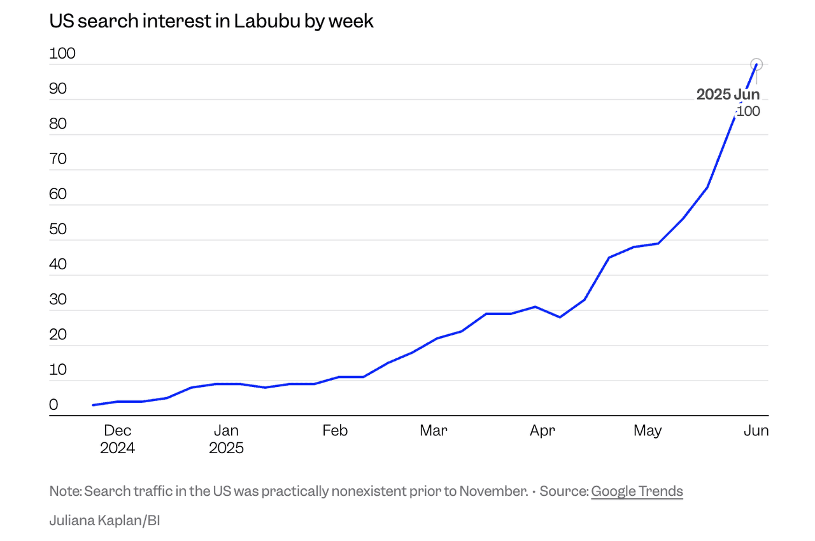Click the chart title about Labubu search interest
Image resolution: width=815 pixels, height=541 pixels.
(x=211, y=21)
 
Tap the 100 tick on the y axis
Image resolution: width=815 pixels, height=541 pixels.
(x=62, y=53)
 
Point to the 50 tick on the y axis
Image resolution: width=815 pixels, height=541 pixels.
(x=59, y=229)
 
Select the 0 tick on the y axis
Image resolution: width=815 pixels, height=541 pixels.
(x=54, y=405)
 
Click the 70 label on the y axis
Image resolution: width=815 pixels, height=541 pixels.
(x=59, y=158)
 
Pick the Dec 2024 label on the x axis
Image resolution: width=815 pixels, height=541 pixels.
(x=117, y=439)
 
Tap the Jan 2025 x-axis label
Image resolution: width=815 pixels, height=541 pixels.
(x=227, y=439)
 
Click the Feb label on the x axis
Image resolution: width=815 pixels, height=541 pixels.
(x=335, y=431)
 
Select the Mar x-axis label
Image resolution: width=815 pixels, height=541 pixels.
(x=434, y=431)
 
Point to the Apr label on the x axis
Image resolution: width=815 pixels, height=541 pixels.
(x=542, y=431)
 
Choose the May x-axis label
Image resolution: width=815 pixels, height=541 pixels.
(x=648, y=431)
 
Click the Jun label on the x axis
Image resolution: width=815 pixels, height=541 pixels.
(x=756, y=431)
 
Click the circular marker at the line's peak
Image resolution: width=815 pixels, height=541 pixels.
(x=756, y=64)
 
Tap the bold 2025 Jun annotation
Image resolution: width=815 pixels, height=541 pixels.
(x=728, y=95)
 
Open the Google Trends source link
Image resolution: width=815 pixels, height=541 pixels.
(x=637, y=491)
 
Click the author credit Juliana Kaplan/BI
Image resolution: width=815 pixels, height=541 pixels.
(x=104, y=521)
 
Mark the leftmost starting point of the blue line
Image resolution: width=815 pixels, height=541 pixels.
(x=93, y=405)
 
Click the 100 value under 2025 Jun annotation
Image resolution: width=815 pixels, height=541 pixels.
(x=749, y=111)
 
